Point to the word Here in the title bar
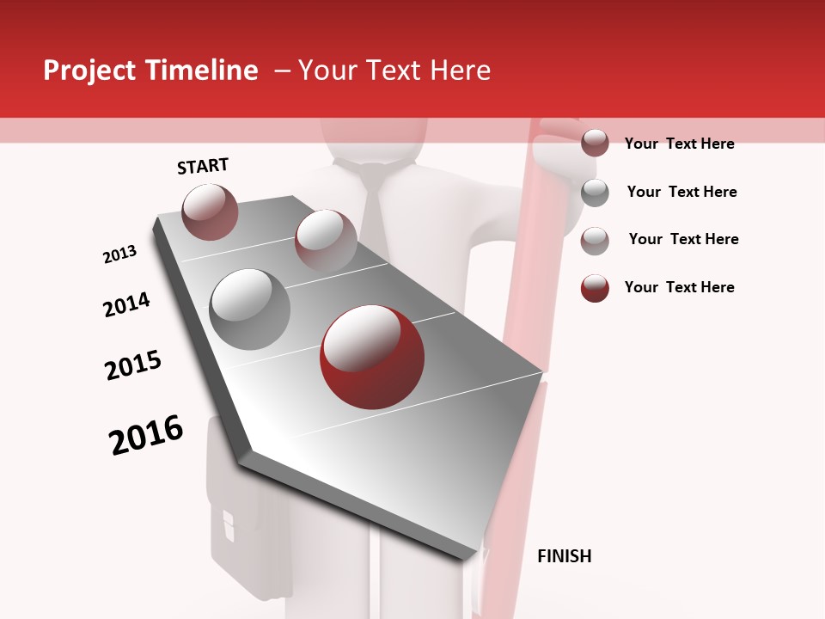pos(460,70)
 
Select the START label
pos(203,166)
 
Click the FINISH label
pos(564,556)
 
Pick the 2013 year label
pos(119,254)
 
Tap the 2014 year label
pos(126,304)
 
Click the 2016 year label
pos(146,435)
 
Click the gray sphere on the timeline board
pos(249,309)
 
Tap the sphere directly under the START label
pos(210,211)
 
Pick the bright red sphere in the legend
pos(595,288)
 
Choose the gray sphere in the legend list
pos(595,193)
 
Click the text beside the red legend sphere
pos(679,287)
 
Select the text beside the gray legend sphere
pos(681,192)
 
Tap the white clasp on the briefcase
pos(229,524)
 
